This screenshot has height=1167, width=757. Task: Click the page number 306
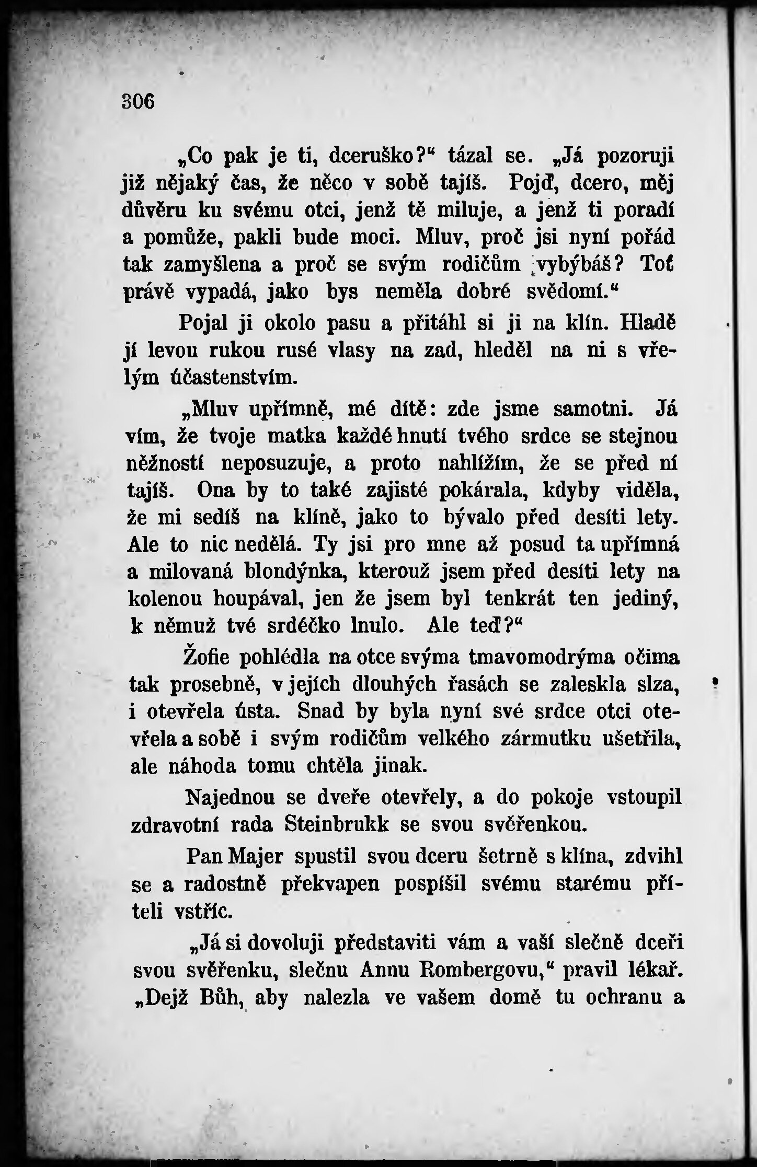(x=138, y=101)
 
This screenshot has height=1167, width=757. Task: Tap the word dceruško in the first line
(x=383, y=155)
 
